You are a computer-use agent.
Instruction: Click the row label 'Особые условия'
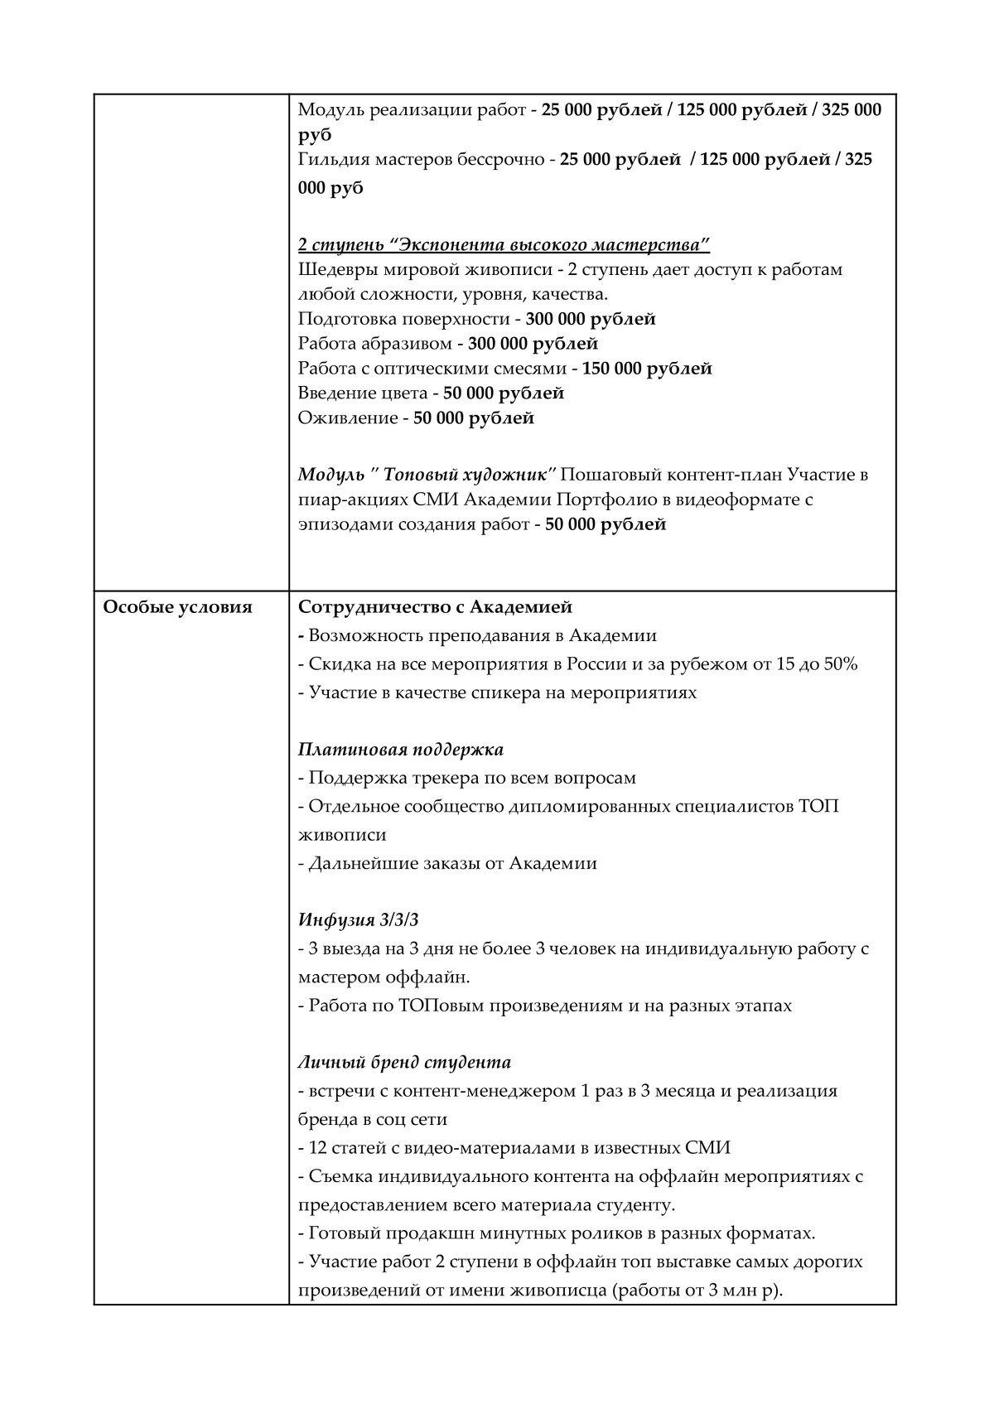[176, 607]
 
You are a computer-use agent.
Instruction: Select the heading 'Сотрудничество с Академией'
[435, 607]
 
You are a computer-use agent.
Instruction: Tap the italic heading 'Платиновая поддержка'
[401, 750]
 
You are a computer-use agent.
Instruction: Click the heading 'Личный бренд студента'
[404, 1062]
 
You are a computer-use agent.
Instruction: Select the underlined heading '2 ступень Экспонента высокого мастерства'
[504, 245]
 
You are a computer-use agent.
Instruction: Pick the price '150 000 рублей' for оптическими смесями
[647, 369]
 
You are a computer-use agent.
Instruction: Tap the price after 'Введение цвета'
[504, 393]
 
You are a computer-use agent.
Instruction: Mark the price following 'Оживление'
[474, 418]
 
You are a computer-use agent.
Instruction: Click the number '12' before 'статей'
[317, 1148]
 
